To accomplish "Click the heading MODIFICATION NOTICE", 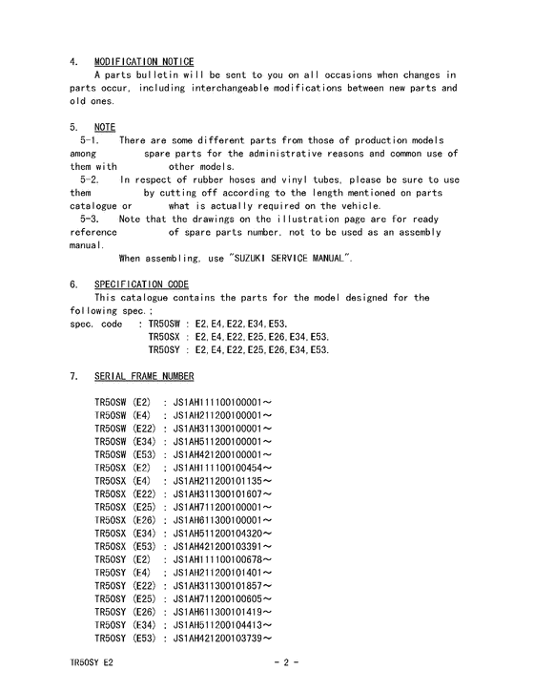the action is coord(144,62).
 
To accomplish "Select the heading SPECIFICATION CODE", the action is coord(141,284).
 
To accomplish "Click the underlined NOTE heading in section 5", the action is coord(105,127).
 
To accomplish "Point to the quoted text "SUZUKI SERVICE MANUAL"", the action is coord(291,258).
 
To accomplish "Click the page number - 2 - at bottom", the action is coord(286,661).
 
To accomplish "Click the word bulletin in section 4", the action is coord(158,74).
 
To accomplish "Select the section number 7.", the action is coord(72,377).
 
